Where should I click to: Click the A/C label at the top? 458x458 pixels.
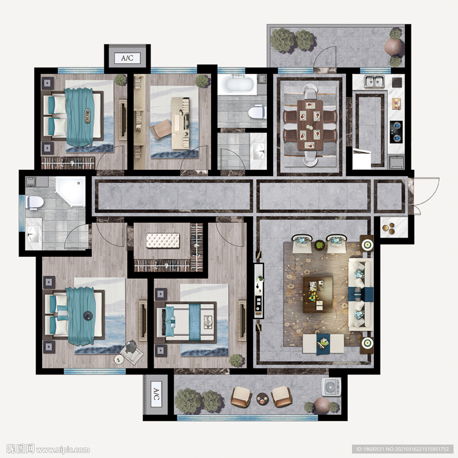tap(127, 58)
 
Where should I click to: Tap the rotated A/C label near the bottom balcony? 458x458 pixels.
tap(156, 394)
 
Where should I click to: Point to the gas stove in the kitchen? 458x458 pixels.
tap(396, 132)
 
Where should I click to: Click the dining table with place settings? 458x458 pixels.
tap(310, 125)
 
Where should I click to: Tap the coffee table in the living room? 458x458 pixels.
tap(318, 294)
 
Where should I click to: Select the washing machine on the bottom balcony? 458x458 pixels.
tap(331, 387)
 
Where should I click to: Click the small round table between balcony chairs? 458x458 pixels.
tap(262, 399)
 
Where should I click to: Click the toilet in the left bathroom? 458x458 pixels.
tap(35, 203)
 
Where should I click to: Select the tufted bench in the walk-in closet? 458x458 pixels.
tap(163, 241)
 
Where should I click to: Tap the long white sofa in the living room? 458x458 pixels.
tap(360, 294)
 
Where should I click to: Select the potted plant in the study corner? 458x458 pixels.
tap(202, 81)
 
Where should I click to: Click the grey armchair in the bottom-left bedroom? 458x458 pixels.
tap(131, 352)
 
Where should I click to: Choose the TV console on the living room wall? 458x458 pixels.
tap(259, 291)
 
